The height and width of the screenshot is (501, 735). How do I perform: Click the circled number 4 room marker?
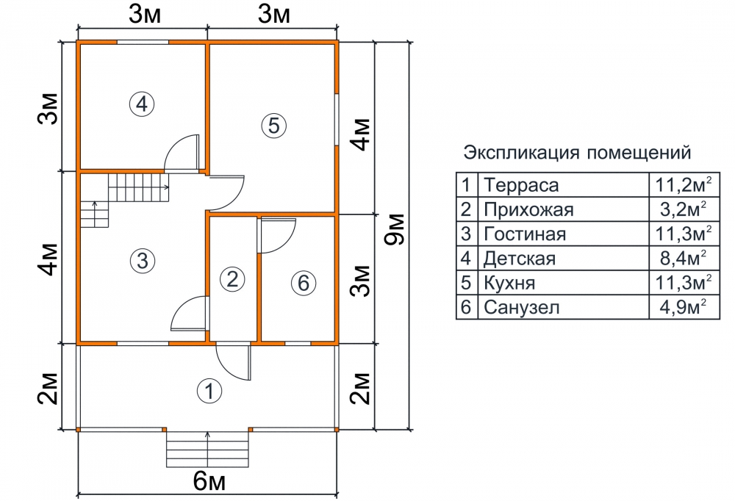pyautogui.click(x=142, y=104)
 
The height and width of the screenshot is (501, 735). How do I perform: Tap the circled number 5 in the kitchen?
pyautogui.click(x=273, y=125)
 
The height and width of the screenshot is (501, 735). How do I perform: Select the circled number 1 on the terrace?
pyautogui.click(x=209, y=391)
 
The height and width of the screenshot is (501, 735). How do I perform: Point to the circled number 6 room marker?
pyautogui.click(x=304, y=283)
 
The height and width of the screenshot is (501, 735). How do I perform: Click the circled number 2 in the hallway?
pyautogui.click(x=232, y=279)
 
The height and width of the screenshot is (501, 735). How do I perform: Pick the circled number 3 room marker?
pyautogui.click(x=142, y=260)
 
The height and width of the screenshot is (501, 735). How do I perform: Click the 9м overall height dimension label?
pyautogui.click(x=394, y=229)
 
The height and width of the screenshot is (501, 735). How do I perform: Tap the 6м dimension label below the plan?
pyautogui.click(x=209, y=481)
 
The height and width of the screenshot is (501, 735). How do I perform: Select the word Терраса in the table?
pyautogui.click(x=521, y=185)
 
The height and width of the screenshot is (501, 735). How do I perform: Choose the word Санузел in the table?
pyautogui.click(x=522, y=308)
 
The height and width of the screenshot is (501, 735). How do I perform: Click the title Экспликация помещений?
pyautogui.click(x=578, y=153)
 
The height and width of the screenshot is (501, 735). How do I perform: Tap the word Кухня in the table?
pyautogui.click(x=509, y=283)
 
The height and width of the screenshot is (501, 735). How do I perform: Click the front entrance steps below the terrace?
pyautogui.click(x=208, y=449)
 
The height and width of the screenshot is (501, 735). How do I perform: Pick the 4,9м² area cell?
pyautogui.click(x=684, y=308)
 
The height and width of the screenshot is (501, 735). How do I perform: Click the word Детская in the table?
pyautogui.click(x=520, y=259)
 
